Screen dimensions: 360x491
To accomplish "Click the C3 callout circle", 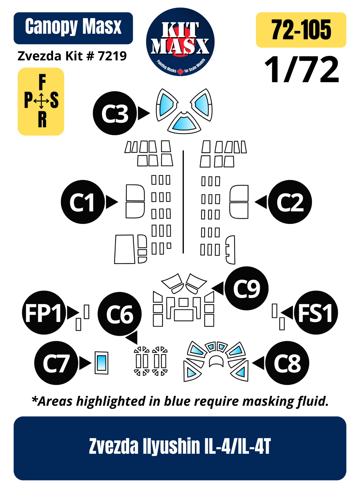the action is pos(115,113).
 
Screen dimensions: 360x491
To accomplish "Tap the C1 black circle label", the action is pos(83,202).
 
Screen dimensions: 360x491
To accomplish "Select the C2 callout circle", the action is pos(290,202).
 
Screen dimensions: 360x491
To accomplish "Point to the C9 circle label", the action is pos(247,288).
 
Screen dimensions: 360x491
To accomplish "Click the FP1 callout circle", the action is pos(44,312).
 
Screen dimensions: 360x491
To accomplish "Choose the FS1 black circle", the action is pos(316,312).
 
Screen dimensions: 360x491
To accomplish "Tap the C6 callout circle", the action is pos(120,314).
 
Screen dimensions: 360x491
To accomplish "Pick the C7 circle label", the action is pos(56,363).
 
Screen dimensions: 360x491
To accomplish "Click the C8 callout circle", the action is pos(287,363).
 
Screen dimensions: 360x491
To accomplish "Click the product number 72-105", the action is pos(301,30).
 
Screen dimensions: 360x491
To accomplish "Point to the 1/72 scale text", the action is pos(302,70).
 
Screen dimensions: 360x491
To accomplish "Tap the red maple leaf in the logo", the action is pos(180,72).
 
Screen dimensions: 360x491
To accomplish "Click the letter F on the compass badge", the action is pos(42,82).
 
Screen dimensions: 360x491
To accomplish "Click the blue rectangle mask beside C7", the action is pos(101,363).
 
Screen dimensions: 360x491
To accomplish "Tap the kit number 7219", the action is pos(112,56).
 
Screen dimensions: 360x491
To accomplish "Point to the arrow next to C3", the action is pos(144,113).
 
